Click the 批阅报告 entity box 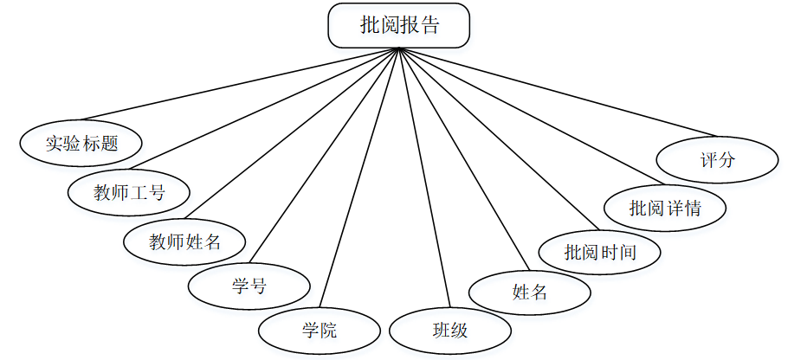click(398, 25)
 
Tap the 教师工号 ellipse click(129, 192)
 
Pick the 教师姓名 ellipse click(185, 241)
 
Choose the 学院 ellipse click(320, 331)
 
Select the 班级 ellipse click(450, 331)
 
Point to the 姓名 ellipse click(530, 292)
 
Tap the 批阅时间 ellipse click(600, 253)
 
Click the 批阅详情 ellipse click(665, 209)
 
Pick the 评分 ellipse click(717, 160)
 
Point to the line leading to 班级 click(424, 177)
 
